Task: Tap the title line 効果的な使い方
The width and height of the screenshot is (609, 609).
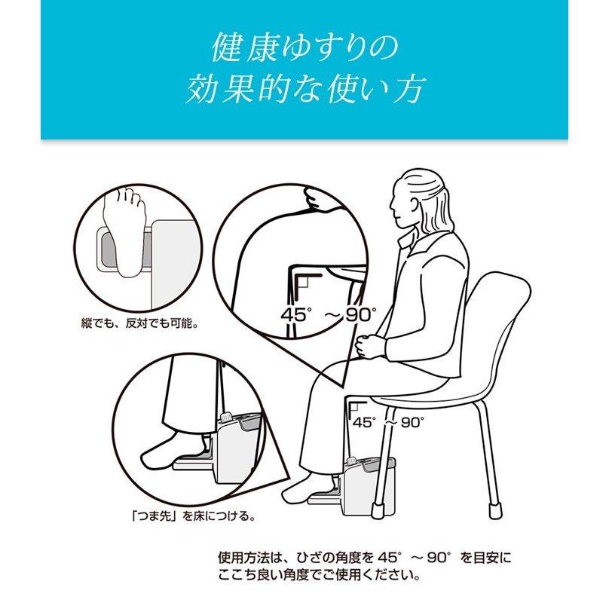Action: (304, 90)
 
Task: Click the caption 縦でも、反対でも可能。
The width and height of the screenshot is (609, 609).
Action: (139, 323)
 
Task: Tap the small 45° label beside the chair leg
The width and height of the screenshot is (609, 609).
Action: (364, 423)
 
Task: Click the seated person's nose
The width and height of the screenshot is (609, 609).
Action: (391, 204)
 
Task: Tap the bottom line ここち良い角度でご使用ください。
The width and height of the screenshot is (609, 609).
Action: (320, 576)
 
